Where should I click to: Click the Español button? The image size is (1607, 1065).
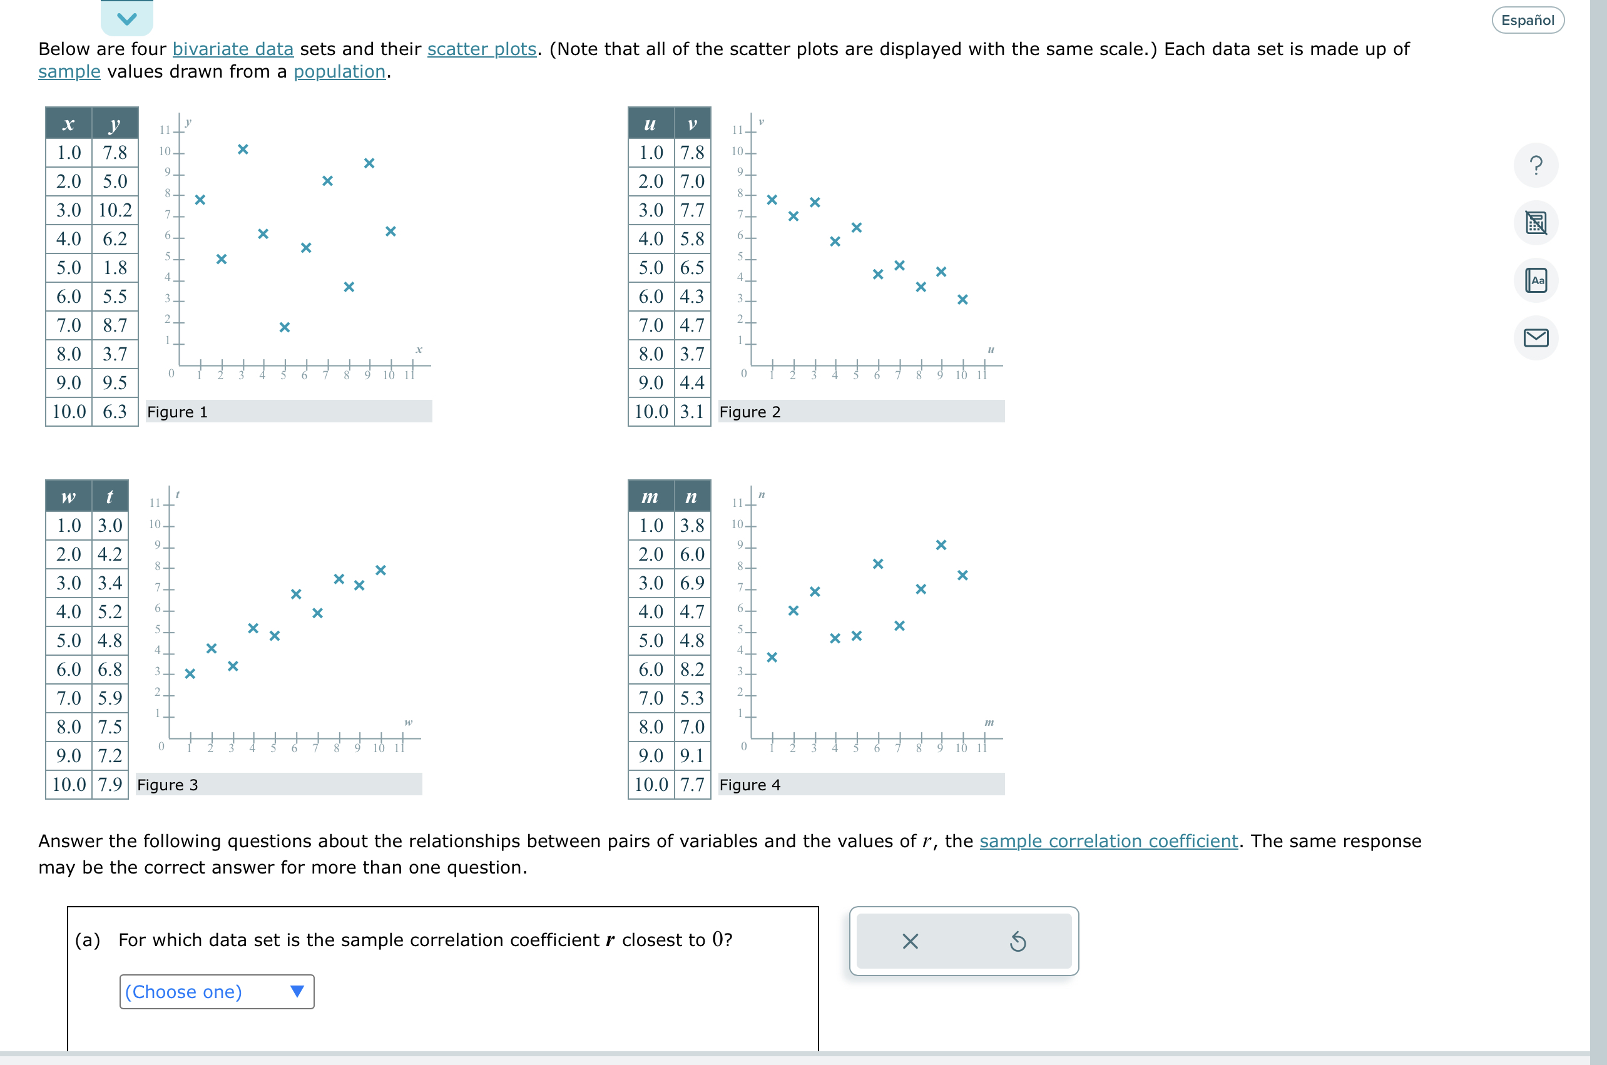[1527, 21]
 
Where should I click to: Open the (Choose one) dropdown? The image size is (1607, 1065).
[217, 992]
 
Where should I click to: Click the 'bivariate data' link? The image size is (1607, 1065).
[232, 49]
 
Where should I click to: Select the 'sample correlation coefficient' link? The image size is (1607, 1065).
[1108, 841]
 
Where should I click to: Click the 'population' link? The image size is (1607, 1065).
[339, 71]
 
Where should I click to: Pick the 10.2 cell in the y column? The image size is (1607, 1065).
[115, 210]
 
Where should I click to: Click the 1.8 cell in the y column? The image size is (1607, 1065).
[115, 268]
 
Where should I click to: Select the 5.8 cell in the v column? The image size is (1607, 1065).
[691, 239]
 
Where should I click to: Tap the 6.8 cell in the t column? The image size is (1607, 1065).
[110, 670]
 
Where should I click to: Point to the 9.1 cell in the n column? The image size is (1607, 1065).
[691, 756]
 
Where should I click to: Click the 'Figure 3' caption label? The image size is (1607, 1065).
[167, 785]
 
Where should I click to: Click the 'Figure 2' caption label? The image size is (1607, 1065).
[749, 412]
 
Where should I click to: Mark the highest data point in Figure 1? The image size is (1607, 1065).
[242, 150]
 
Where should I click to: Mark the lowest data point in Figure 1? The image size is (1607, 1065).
[285, 327]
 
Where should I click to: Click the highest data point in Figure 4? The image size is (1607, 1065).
[941, 545]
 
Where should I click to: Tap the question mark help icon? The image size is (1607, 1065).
[1535, 165]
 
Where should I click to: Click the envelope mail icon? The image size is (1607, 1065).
[1535, 337]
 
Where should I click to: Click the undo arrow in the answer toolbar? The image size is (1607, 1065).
[1017, 941]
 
